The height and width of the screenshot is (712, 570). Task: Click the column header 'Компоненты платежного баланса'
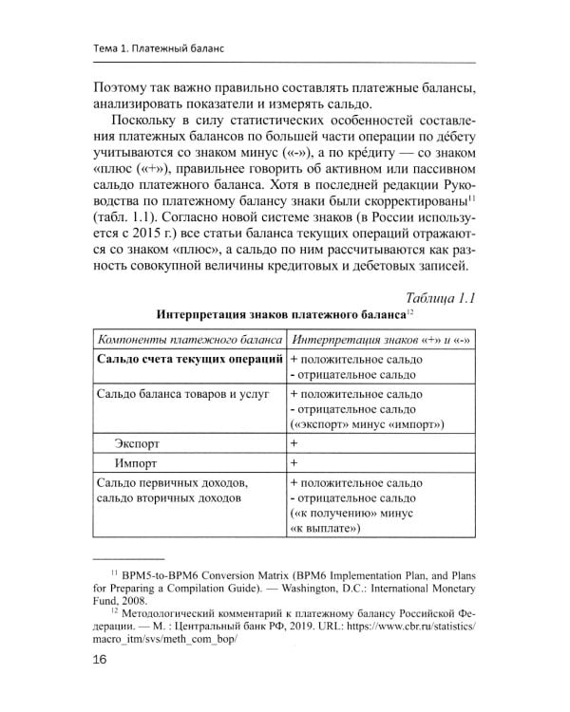click(x=190, y=339)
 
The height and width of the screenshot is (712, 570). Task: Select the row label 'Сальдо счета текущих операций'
click(x=190, y=360)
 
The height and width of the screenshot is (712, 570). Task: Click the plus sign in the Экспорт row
click(x=294, y=442)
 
